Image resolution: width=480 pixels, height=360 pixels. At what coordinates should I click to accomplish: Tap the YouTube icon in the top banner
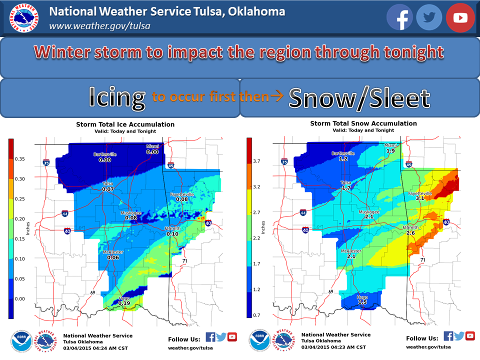(x=460, y=17)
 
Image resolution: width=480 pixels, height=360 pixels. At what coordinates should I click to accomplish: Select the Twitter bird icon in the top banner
(x=429, y=17)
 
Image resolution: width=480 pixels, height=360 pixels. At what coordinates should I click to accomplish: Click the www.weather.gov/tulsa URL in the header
(x=99, y=26)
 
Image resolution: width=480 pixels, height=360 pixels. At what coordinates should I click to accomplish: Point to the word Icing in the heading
(x=117, y=96)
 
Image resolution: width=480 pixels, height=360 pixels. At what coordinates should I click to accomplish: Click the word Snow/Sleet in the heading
(x=359, y=98)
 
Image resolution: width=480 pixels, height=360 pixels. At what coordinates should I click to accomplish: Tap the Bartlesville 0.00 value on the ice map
(x=105, y=160)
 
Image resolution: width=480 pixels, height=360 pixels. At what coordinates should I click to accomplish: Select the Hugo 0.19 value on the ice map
(x=124, y=303)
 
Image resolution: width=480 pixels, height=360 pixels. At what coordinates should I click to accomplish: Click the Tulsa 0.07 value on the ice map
(x=108, y=189)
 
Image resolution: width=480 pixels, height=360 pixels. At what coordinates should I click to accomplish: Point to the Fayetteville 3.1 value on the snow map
(x=419, y=198)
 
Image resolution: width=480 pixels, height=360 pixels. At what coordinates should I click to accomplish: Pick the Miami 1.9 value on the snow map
(x=390, y=150)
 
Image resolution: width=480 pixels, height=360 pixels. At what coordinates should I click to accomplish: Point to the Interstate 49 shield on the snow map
(x=408, y=164)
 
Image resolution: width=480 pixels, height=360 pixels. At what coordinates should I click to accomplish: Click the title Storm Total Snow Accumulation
(x=363, y=123)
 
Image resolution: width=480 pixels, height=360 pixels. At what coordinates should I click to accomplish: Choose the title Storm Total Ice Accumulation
(x=125, y=124)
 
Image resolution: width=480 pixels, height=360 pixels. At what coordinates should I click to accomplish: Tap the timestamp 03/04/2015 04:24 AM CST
(x=93, y=347)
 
